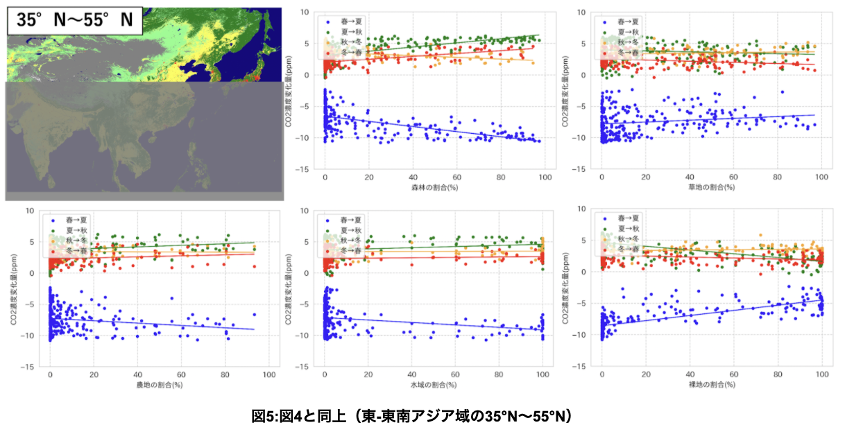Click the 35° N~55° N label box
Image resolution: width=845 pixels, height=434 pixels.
coord(75,21)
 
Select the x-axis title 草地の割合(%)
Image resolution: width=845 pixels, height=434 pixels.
coord(711,187)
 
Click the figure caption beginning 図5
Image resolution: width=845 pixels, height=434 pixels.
coord(411,416)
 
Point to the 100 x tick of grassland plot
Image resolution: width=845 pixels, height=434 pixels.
coord(821,178)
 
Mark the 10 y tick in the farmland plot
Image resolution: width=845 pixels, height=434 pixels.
coord(31,210)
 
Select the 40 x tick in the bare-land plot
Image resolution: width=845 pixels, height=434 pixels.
coord(690,375)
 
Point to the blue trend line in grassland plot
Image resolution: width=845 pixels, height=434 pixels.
coord(711,119)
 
